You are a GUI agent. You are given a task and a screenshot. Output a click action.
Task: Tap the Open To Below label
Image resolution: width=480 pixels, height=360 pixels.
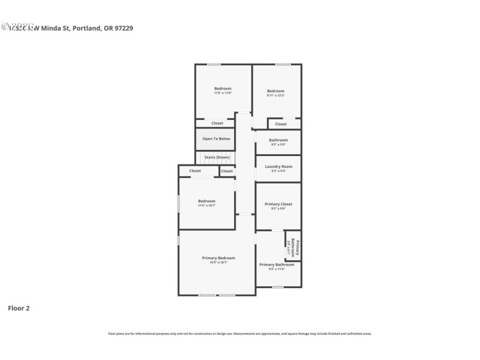(x=216, y=139)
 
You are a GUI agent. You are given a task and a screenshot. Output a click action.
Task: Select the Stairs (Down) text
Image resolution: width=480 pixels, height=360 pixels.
(x=217, y=157)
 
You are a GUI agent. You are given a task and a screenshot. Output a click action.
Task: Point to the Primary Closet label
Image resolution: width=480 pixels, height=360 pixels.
(x=278, y=204)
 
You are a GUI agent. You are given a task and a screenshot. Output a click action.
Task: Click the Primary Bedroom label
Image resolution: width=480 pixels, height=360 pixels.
(x=218, y=257)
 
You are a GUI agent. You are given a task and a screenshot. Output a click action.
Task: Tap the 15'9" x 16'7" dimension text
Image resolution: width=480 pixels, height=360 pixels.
(x=218, y=262)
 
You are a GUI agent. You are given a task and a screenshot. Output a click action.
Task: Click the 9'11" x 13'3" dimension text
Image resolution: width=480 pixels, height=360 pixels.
(x=275, y=95)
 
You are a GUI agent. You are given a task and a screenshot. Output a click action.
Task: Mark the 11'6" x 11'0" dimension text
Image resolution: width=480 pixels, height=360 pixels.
(x=223, y=93)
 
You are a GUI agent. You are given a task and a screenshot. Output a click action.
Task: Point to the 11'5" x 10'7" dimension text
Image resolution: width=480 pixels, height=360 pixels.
(x=206, y=206)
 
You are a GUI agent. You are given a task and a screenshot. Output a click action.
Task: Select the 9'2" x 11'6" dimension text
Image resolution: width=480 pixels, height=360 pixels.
(x=277, y=269)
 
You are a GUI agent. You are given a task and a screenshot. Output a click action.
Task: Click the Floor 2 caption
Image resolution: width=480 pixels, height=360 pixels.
(x=19, y=308)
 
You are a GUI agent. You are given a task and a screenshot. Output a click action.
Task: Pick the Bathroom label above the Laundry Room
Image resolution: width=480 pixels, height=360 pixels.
(x=278, y=140)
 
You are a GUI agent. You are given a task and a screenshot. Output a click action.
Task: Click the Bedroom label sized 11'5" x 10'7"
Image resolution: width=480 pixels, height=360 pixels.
(x=206, y=201)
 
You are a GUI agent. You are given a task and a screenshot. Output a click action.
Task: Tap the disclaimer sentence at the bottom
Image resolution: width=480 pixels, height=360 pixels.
(x=239, y=334)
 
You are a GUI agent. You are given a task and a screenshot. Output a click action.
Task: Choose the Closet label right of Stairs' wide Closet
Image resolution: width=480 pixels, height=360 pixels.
(x=227, y=171)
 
